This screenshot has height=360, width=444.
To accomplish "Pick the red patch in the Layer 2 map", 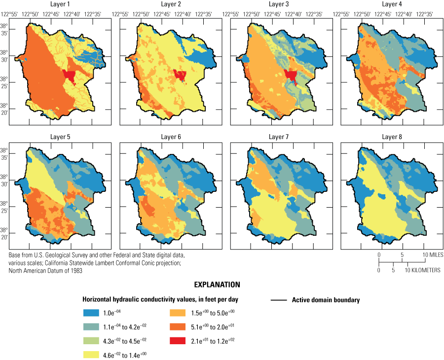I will pos(180,75).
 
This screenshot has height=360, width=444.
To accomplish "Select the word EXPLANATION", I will pos(217,285).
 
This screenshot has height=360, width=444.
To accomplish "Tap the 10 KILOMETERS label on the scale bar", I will pos(423,270).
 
